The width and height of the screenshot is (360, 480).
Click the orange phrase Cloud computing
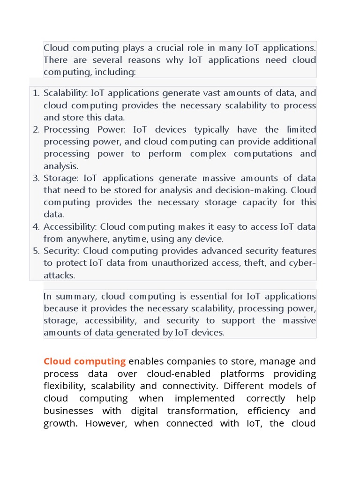[x=84, y=361]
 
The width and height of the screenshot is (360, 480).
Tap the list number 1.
[x=36, y=93]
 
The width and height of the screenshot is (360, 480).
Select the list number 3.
[x=36, y=178]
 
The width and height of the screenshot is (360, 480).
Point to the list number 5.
[x=36, y=251]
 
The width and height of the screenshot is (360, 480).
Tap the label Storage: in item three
[x=61, y=178]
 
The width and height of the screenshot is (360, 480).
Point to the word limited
[x=301, y=129]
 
